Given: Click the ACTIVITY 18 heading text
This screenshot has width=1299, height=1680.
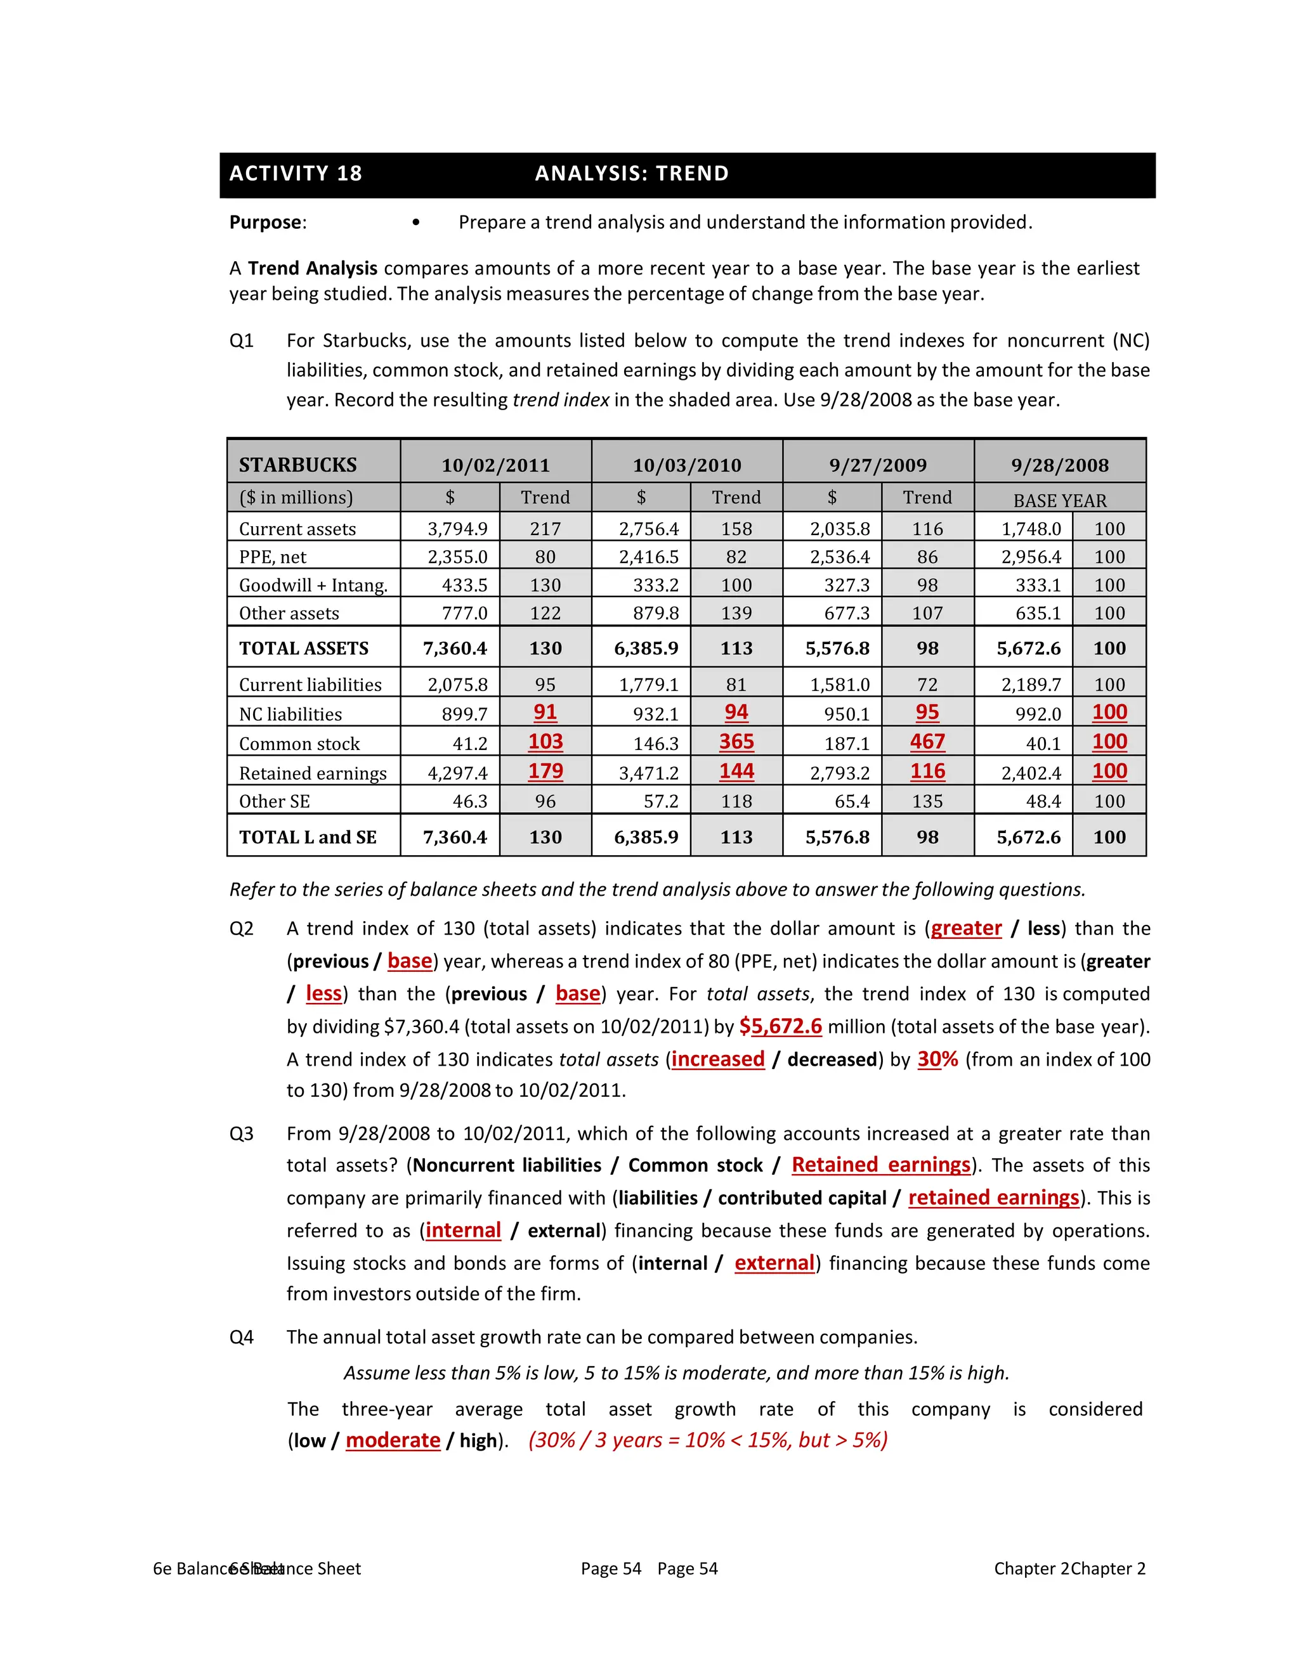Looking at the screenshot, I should [296, 174].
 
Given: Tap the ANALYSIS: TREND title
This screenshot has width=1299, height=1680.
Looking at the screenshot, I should [631, 174].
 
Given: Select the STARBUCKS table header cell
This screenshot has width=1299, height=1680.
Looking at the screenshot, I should [298, 465].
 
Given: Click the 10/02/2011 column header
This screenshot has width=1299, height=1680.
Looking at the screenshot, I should [495, 465].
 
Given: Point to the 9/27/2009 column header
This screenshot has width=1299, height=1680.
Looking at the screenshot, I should [877, 465].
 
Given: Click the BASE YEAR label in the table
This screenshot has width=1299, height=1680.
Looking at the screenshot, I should [1060, 501].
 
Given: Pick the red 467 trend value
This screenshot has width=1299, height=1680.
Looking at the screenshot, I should [927, 742].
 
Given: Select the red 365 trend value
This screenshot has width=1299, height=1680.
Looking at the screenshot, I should [736, 742].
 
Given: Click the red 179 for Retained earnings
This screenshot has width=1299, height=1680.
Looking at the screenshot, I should [545, 771].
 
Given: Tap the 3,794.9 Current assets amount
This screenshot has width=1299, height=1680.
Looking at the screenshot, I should [458, 529].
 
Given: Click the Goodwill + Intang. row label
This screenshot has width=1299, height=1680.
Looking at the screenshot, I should [313, 585].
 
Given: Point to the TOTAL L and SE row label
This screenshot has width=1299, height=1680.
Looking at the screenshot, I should [308, 837].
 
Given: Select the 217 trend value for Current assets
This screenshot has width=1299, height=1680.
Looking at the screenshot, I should [545, 529].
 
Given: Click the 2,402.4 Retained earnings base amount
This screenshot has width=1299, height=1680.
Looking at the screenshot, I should [1031, 773].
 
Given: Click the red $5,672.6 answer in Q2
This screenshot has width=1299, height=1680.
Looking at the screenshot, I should [780, 1026].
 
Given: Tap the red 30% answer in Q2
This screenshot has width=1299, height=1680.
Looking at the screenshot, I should [937, 1059].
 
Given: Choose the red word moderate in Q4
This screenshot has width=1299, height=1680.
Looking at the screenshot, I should [393, 1440].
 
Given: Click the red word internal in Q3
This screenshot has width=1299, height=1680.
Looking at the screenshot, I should [463, 1231].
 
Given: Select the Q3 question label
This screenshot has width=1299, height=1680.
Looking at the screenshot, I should [242, 1134].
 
